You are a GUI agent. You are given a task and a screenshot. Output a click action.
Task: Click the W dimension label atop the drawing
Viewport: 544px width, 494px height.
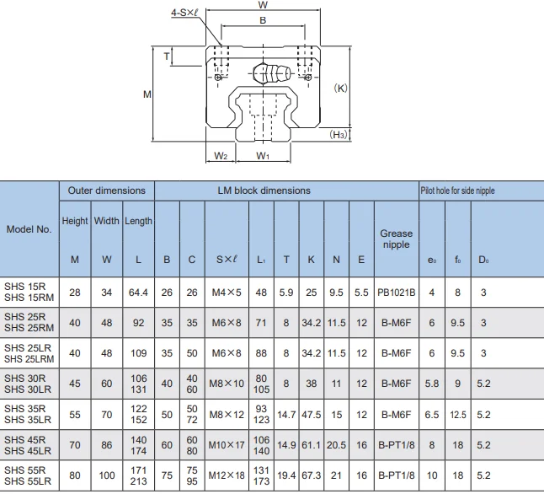pyautogui.click(x=263, y=5)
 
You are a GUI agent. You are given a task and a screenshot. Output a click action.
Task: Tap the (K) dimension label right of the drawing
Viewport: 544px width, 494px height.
pyautogui.click(x=341, y=88)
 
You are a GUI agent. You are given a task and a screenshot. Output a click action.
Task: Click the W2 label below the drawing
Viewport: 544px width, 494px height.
pyautogui.click(x=220, y=156)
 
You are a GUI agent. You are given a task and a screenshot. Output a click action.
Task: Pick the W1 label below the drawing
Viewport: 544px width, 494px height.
pyautogui.click(x=263, y=156)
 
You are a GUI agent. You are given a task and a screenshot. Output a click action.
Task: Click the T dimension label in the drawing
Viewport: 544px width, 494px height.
pyautogui.click(x=167, y=56)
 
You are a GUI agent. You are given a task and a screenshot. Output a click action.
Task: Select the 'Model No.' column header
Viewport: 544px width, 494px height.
pyautogui.click(x=29, y=228)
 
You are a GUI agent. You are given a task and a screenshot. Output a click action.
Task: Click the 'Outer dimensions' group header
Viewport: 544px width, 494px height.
pyautogui.click(x=106, y=191)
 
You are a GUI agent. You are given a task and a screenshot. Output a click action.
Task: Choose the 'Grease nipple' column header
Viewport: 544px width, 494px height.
pyautogui.click(x=396, y=239)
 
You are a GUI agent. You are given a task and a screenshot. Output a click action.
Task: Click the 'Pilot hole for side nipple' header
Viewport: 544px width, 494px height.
pyautogui.click(x=457, y=191)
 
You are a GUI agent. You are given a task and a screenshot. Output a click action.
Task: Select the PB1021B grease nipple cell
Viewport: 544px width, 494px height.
pyautogui.click(x=396, y=293)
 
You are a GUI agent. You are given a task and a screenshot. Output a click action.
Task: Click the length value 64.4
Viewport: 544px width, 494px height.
pyautogui.click(x=138, y=293)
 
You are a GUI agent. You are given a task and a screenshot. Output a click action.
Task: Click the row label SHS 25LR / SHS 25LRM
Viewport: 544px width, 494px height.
pyautogui.click(x=29, y=353)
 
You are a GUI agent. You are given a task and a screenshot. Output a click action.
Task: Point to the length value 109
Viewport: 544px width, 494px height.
pyautogui.click(x=138, y=353)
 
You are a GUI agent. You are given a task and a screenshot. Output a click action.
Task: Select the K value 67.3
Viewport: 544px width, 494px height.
pyautogui.click(x=311, y=475)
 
